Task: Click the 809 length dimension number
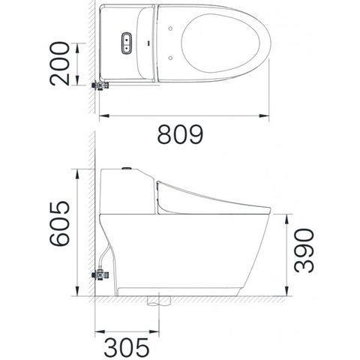tap(180, 135)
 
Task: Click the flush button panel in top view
tap(126, 43)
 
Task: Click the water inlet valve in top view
tap(98, 85)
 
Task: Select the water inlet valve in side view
tap(98, 274)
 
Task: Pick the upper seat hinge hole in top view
tap(174, 29)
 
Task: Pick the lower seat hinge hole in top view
tap(174, 56)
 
